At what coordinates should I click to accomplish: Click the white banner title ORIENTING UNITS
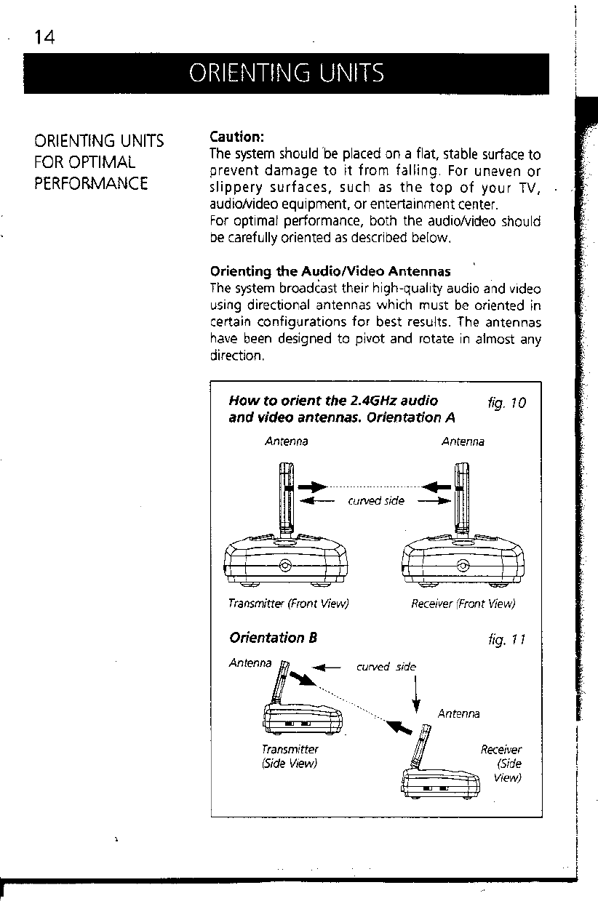point(286,73)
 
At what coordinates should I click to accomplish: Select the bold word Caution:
point(236,137)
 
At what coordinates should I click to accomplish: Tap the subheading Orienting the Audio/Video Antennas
point(330,273)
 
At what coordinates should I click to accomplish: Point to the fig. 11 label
point(507,641)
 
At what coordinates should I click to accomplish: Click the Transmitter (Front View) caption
point(288,604)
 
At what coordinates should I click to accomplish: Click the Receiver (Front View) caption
point(463,604)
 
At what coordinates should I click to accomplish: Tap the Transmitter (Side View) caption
point(290,756)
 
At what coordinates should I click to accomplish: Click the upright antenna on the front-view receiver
point(461,502)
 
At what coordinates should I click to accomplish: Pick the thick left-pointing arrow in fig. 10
point(435,486)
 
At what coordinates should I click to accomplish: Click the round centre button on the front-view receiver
point(463,567)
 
